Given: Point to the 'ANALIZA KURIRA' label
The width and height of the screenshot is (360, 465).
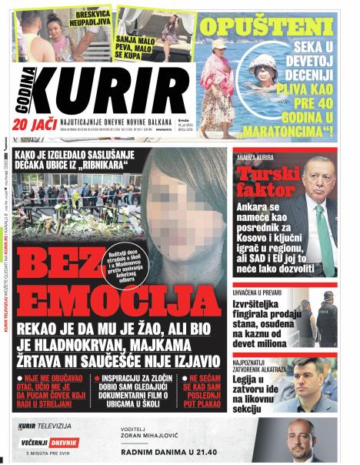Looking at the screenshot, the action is click(x=259, y=156).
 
